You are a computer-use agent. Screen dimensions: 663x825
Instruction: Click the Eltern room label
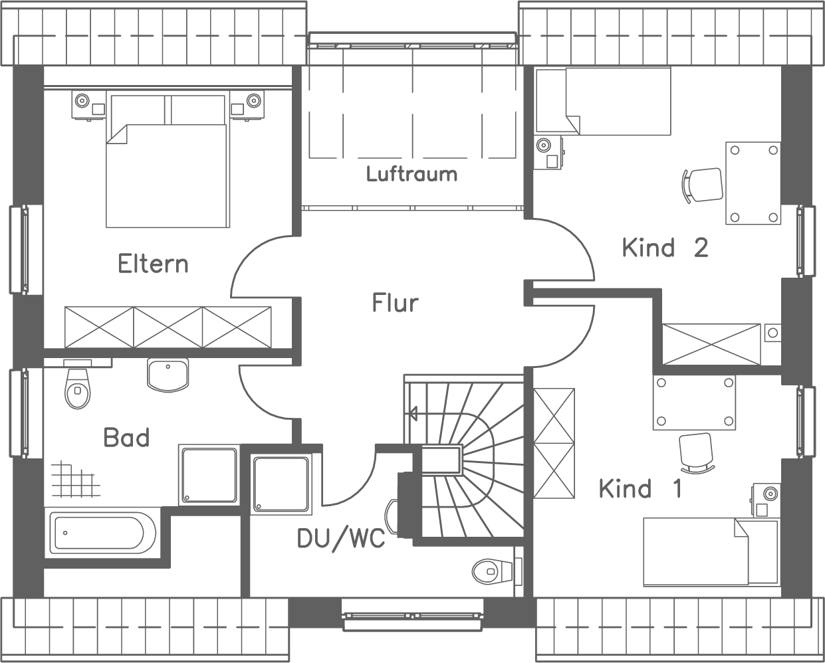153,264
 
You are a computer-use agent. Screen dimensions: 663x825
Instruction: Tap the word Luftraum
412,174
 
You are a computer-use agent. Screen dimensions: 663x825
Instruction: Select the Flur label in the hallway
395,303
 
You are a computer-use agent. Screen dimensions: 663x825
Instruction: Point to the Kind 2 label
665,248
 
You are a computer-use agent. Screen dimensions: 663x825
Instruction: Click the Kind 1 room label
640,489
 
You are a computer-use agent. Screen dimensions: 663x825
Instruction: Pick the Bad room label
126,438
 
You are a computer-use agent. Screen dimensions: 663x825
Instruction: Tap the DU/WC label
341,539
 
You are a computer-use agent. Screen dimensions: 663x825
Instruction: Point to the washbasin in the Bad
168,375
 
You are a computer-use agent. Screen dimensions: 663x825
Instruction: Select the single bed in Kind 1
710,551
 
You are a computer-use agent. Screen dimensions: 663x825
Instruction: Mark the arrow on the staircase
413,414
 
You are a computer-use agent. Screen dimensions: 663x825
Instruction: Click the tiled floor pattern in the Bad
70,480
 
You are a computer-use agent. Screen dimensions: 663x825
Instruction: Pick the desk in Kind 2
753,183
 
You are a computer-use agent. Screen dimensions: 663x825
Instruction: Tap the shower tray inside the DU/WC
281,484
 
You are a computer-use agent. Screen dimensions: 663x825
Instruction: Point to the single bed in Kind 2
618,101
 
